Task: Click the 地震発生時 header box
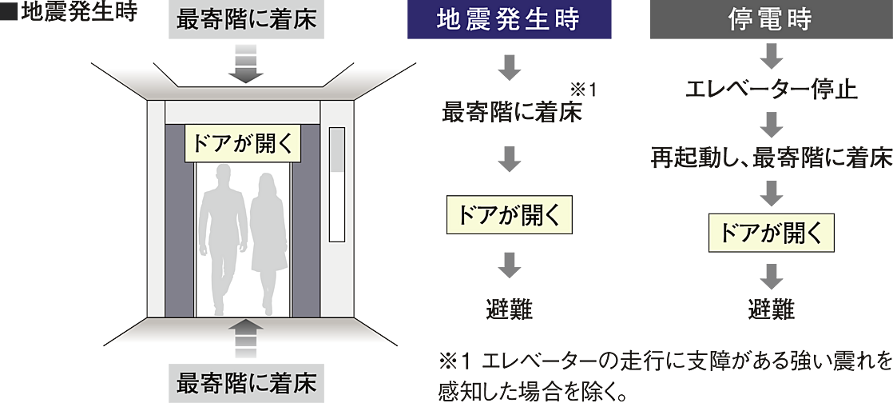pos(509,21)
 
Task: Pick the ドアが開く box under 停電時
pos(771,233)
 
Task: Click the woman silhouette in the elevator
pos(267,240)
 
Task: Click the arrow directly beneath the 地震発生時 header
pos(508,68)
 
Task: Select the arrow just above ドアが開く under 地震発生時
pos(508,162)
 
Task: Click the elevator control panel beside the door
pos(338,186)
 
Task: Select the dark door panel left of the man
pos(181,232)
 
